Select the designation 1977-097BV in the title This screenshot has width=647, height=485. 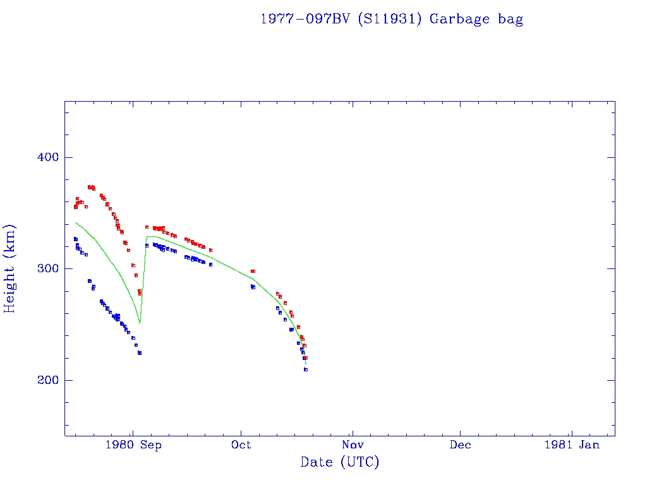(306, 19)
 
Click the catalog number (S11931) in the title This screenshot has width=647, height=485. (390, 19)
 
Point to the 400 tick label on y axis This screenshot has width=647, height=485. (44, 157)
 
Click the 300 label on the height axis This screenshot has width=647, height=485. (44, 268)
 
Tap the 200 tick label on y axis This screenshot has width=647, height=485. (44, 380)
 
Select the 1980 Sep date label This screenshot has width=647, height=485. (133, 445)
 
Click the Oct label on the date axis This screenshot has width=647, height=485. (241, 445)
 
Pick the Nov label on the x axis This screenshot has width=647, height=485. (353, 445)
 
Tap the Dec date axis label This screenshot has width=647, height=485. (460, 445)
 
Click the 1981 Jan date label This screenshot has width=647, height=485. (571, 445)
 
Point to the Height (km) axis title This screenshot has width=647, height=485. (10, 268)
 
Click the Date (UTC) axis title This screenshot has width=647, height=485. (340, 463)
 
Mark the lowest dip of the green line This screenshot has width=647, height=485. (140, 323)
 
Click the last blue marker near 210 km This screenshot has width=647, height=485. (306, 369)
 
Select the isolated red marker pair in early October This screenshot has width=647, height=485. (253, 271)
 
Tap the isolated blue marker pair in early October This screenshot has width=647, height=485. (253, 287)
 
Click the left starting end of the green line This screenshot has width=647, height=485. (76, 223)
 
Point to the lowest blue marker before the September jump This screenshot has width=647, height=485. (140, 353)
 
